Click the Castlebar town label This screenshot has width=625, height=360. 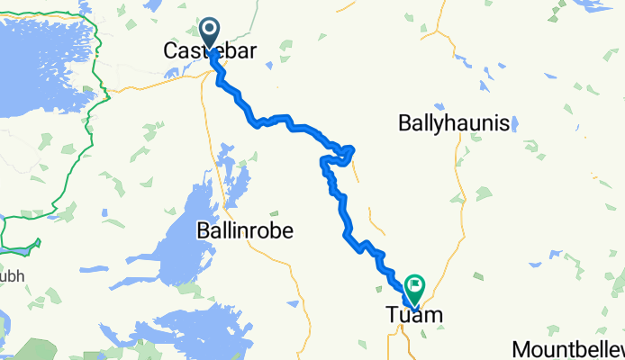209,52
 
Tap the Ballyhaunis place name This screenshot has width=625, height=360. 455,124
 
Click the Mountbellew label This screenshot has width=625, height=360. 567,349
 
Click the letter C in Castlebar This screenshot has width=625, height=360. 171,52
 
